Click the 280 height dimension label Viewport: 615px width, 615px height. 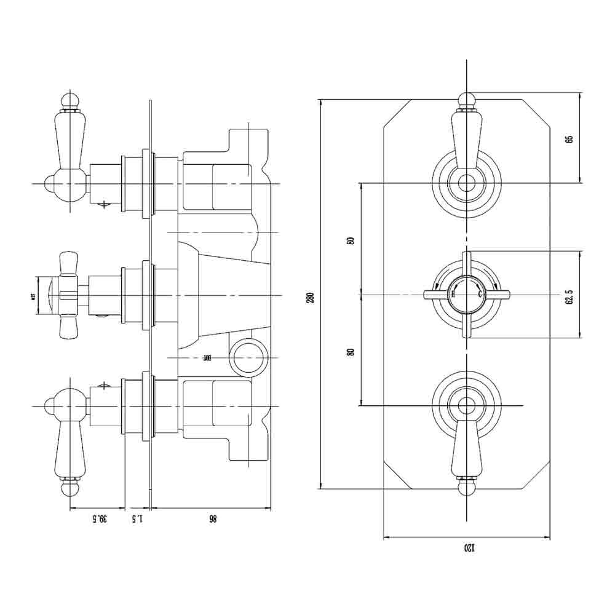coord(311,296)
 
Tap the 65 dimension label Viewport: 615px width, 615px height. coord(569,138)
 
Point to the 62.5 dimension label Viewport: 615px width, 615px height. coord(569,295)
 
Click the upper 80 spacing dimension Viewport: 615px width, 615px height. coord(351,240)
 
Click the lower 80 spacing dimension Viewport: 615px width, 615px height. coord(351,352)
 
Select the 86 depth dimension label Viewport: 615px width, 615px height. coord(212,518)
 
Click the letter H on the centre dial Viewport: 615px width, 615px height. coord(454,295)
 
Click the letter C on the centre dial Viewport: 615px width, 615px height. coord(480,295)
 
